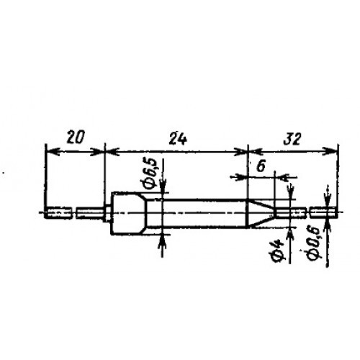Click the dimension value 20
[76, 138]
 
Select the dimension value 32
[292, 139]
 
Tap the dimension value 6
[261, 166]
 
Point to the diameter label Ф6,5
[151, 173]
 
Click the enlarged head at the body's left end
[129, 213]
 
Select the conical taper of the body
[261, 213]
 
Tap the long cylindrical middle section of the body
[197, 213]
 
